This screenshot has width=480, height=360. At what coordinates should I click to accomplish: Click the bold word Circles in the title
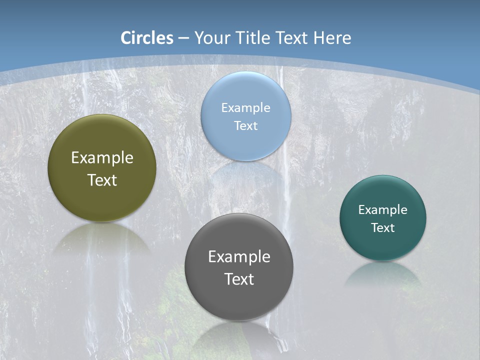(x=147, y=38)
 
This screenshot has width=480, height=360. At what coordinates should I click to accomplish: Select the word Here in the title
(x=332, y=38)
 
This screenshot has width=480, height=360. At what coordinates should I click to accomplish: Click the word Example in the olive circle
(x=102, y=158)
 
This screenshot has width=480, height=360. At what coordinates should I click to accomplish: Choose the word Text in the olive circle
(x=102, y=180)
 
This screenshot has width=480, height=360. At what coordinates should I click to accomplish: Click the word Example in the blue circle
(x=246, y=108)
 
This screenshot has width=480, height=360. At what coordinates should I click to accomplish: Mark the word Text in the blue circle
(x=246, y=125)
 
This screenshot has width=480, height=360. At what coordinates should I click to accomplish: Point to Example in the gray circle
(x=239, y=257)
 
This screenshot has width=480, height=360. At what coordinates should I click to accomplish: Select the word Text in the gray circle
(x=239, y=279)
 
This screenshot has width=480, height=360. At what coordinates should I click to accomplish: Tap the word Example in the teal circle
(x=383, y=210)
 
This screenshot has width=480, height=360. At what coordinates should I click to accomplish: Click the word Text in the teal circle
(x=383, y=228)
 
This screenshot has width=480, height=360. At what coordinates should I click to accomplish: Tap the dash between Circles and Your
(x=184, y=38)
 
